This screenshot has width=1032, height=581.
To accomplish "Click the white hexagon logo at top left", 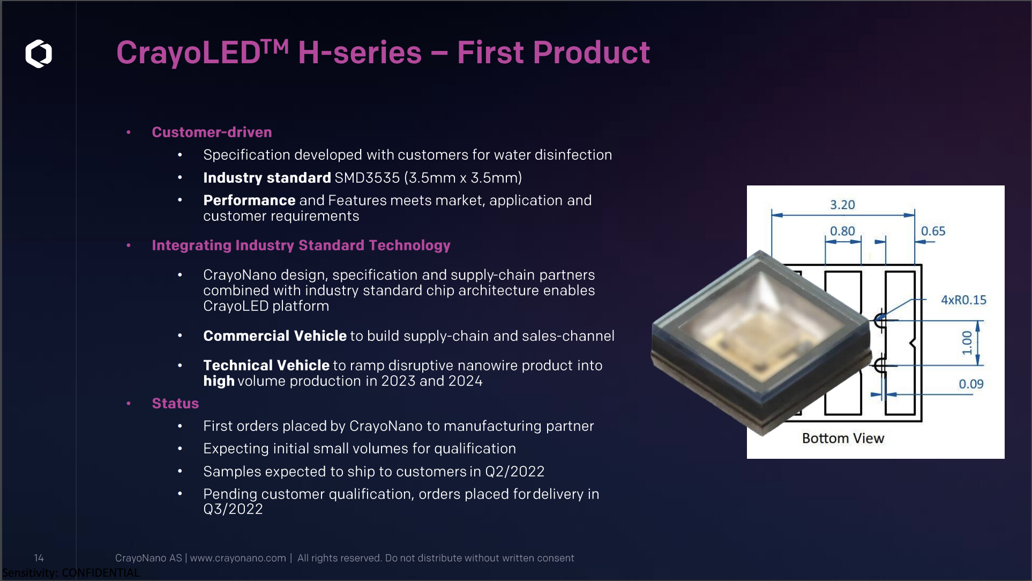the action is [39, 54].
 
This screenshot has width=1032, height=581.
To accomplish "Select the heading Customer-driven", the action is [212, 132].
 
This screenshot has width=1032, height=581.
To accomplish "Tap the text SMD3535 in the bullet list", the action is [367, 177].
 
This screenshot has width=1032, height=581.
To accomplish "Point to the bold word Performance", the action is [249, 200].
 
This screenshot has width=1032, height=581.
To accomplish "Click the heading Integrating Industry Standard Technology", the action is [301, 245].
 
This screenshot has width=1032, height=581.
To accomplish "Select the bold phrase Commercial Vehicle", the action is [275, 336].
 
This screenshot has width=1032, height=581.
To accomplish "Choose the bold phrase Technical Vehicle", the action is [266, 366].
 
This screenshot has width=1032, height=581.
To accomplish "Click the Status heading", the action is [175, 403].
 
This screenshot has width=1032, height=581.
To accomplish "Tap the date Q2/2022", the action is [514, 472].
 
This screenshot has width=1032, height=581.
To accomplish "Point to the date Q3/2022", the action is [233, 509].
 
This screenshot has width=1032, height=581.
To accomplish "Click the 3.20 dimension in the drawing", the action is [842, 205].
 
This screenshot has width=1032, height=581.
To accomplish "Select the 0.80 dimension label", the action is [842, 231].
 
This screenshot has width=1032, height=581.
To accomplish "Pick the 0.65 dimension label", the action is [933, 231].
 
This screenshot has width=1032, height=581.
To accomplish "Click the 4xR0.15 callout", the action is [963, 300].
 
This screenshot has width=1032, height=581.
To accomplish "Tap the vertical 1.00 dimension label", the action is [967, 343].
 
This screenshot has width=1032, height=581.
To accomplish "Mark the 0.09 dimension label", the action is [971, 384].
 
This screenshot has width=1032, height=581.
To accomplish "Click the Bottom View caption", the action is [843, 438].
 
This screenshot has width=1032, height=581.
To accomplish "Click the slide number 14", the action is [39, 558].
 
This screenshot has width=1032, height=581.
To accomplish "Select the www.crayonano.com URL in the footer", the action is [238, 558].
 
